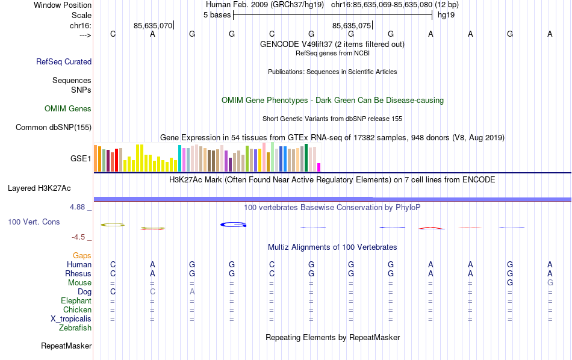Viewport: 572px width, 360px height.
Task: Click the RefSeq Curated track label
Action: pos(64,61)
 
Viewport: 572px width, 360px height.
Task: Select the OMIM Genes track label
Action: pos(68,109)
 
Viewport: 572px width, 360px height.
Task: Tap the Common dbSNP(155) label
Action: pos(54,127)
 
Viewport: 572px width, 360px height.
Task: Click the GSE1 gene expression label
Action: pos(81,159)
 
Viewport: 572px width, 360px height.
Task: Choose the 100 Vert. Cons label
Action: pos(34,222)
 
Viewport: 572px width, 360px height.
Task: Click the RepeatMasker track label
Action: pos(66,346)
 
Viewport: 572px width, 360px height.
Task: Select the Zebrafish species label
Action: pos(75,328)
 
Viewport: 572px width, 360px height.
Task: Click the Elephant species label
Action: pos(76,301)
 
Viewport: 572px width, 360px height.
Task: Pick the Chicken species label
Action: pos(77,310)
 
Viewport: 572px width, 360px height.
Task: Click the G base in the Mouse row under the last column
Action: pos(550,283)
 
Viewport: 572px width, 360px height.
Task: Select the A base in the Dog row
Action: pos(192,292)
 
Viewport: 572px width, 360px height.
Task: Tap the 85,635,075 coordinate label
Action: pos(352,26)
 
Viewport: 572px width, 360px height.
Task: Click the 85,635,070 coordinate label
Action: pos(153,26)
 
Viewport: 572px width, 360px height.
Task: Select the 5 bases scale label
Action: pos(217,14)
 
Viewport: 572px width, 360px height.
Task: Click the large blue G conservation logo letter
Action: pos(233,225)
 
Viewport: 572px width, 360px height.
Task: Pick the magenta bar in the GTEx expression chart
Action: pos(319,167)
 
